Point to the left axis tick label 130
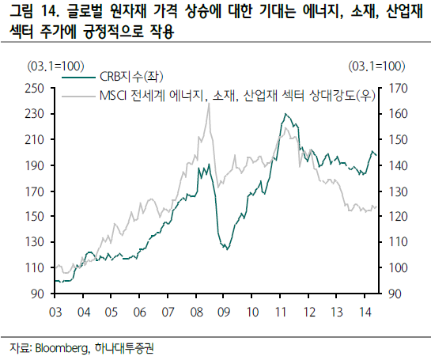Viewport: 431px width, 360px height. click(35, 242)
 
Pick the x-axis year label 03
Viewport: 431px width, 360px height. click(55, 311)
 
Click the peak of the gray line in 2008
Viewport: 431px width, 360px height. click(208, 104)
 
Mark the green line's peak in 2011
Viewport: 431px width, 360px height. click(284, 115)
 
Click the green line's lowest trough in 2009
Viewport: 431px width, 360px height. click(225, 249)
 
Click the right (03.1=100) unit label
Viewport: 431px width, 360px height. click(376, 65)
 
